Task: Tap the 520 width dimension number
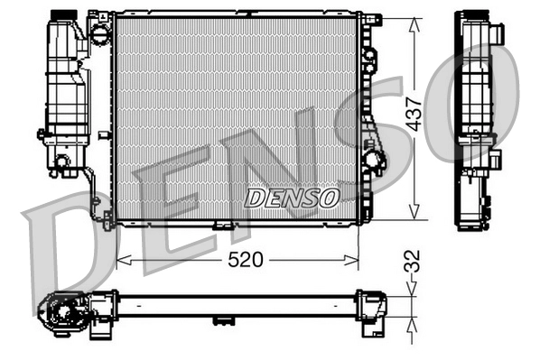click(x=245, y=261)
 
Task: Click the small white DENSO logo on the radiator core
click(x=292, y=196)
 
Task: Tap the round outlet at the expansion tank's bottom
click(x=61, y=162)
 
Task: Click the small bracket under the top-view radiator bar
click(x=221, y=319)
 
